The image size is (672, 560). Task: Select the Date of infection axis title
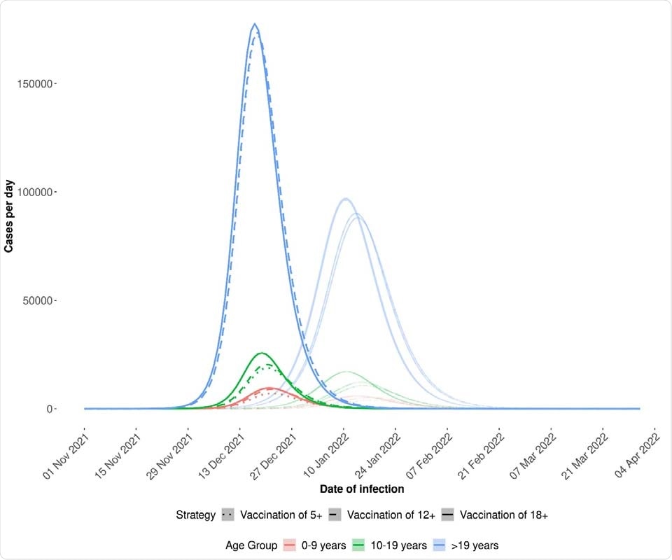click(361, 489)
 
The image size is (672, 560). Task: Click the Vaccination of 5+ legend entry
click(281, 515)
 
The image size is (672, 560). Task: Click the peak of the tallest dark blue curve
click(255, 24)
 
